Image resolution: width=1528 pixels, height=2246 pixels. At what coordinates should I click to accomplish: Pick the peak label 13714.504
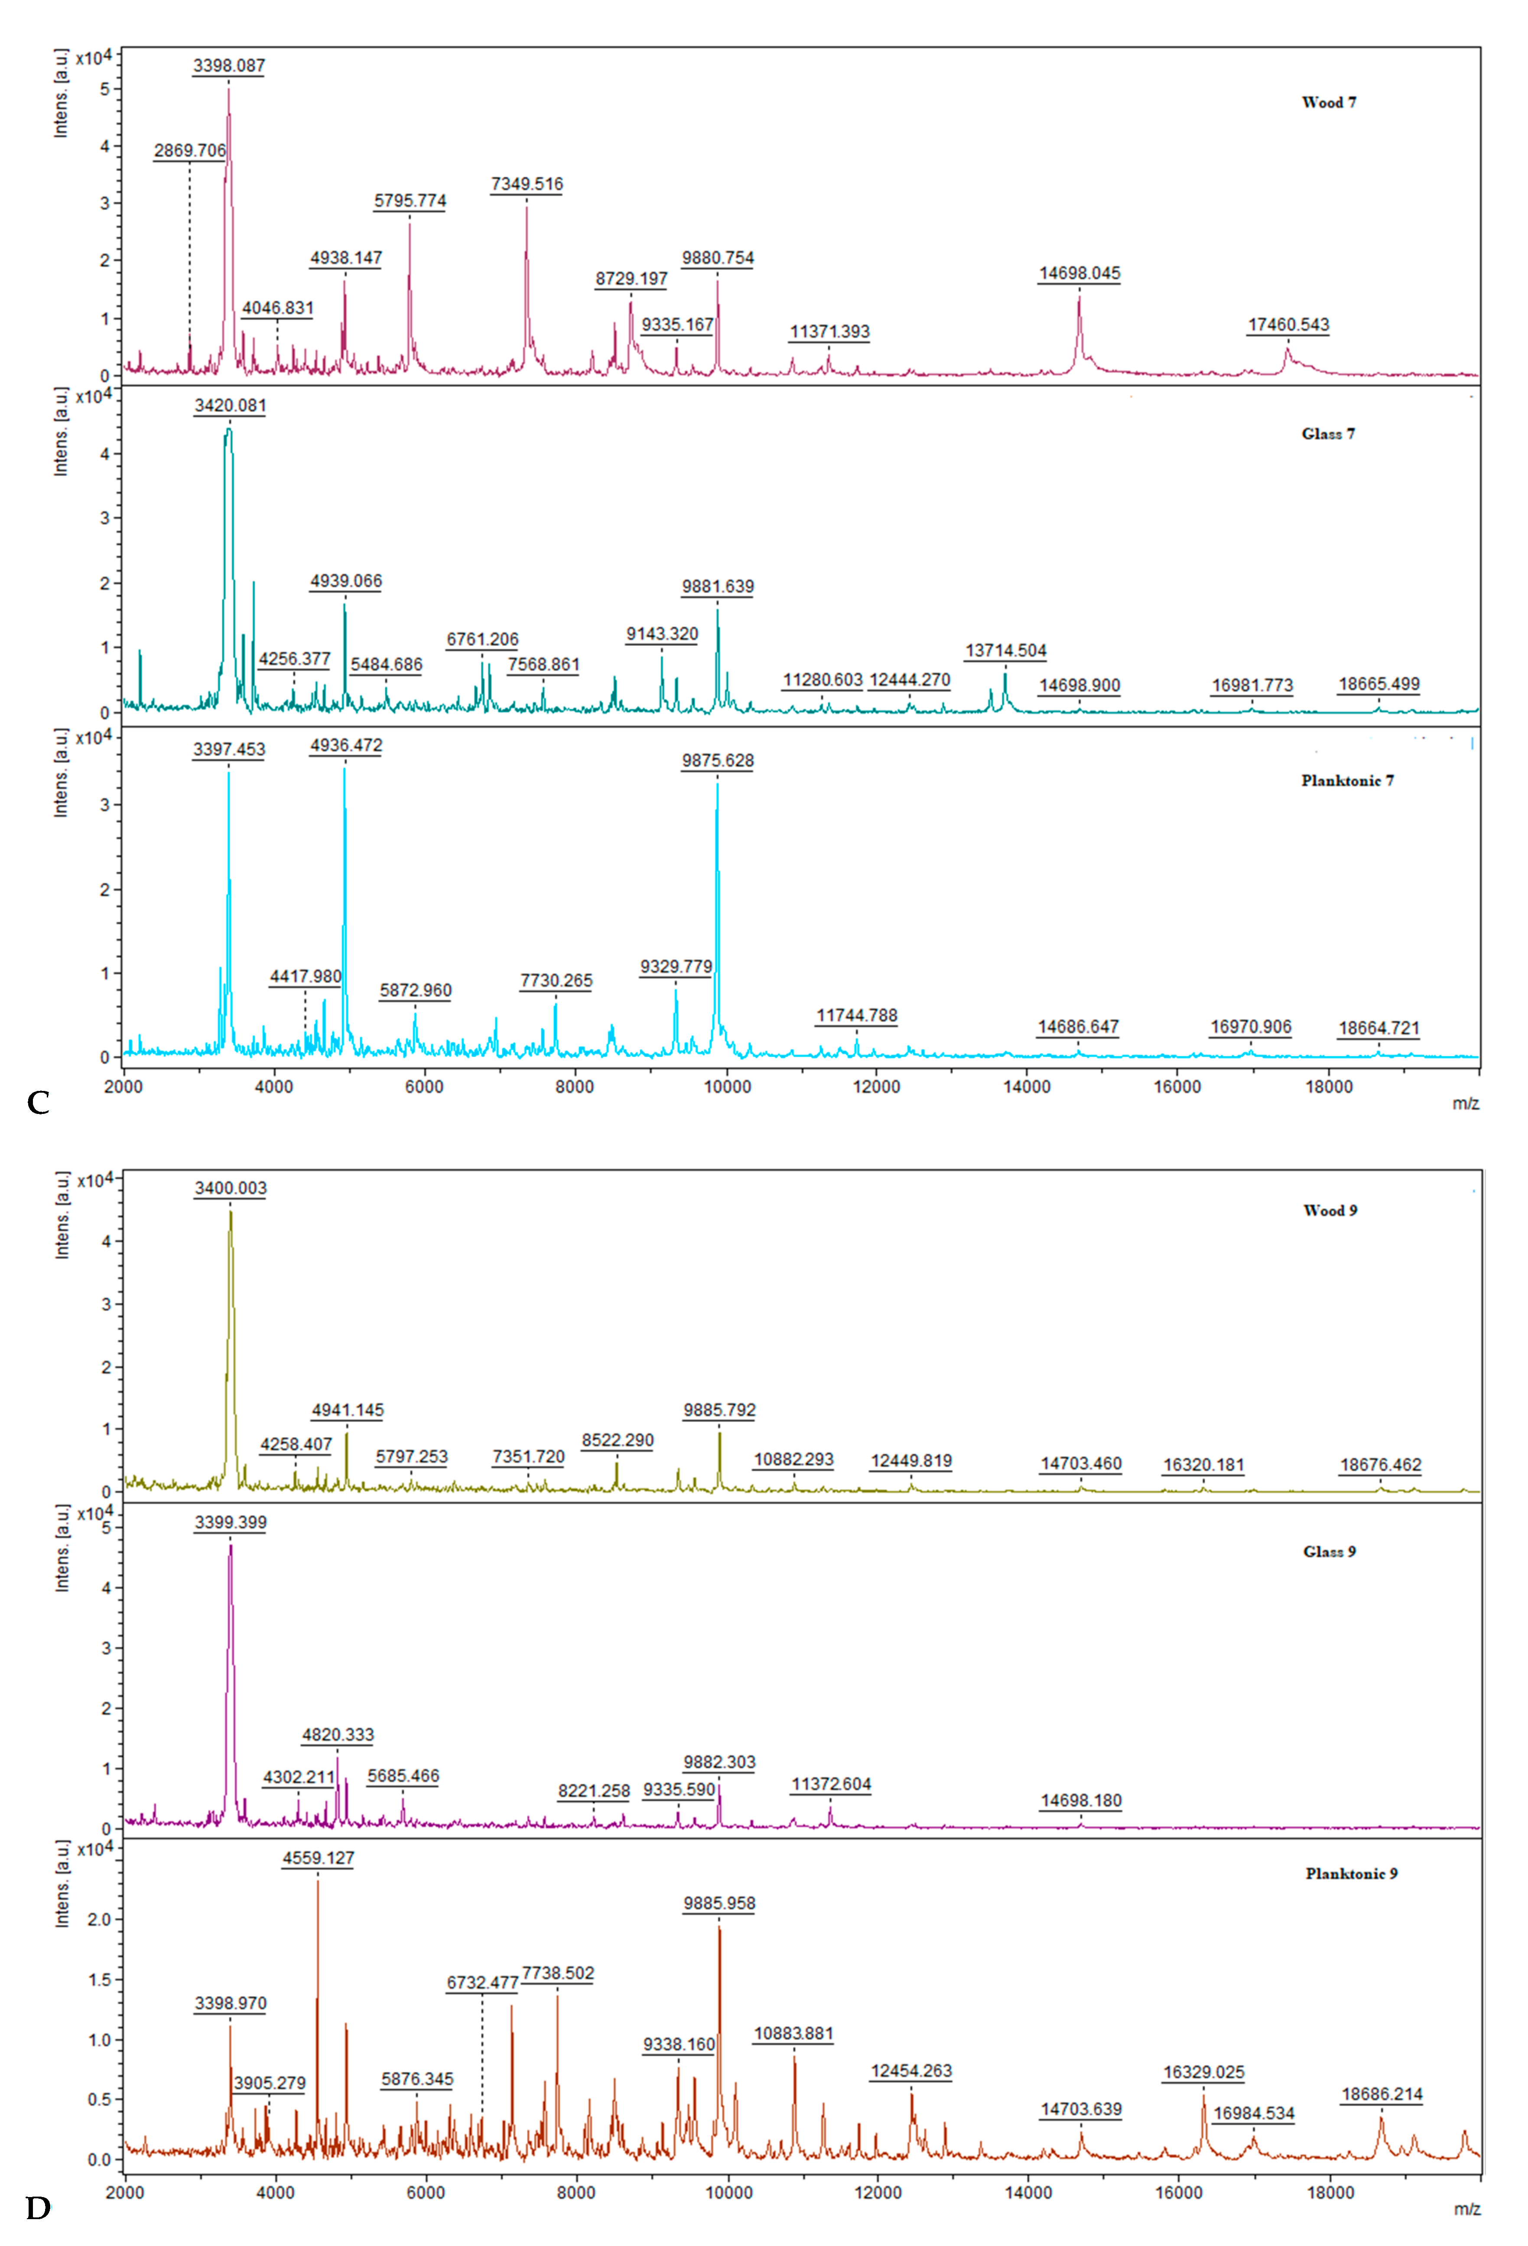(1005, 650)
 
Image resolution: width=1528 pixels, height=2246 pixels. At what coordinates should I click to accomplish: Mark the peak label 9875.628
(717, 761)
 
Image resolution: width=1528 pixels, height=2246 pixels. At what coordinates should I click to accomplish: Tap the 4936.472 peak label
(346, 745)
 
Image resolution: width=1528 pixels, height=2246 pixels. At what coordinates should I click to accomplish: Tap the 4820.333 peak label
(337, 1735)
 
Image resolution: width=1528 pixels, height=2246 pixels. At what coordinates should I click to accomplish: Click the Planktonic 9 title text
(1351, 1873)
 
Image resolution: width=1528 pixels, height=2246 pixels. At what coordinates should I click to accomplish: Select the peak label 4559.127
(318, 1857)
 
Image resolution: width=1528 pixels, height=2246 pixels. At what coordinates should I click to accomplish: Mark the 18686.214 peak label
(1382, 2094)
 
